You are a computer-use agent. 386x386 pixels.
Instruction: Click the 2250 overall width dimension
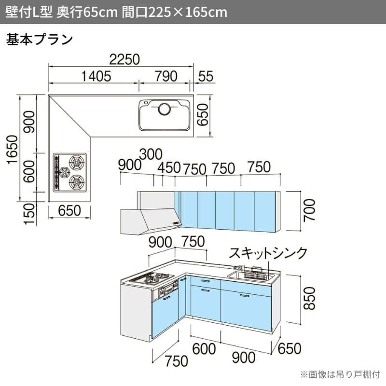click(x=124, y=59)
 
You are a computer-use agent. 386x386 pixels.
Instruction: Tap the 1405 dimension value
click(x=96, y=76)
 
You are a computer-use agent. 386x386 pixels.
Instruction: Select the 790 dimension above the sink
click(x=166, y=76)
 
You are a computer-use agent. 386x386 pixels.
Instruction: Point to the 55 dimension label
click(x=206, y=76)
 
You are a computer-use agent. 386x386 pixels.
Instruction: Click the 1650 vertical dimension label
click(x=13, y=150)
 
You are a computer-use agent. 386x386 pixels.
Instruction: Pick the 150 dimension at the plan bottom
click(x=29, y=213)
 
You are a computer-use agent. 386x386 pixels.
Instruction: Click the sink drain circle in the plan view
click(x=164, y=109)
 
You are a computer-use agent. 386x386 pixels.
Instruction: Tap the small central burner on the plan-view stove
click(x=64, y=173)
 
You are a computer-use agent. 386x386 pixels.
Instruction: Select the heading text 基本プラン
click(x=40, y=40)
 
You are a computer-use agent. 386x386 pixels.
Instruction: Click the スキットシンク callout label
click(x=268, y=253)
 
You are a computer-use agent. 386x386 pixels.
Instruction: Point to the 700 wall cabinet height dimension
click(x=309, y=210)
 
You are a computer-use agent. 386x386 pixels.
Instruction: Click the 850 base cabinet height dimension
click(x=309, y=298)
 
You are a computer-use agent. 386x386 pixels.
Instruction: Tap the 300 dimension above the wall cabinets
click(x=151, y=154)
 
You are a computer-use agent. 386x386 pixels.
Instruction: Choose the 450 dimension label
click(x=169, y=168)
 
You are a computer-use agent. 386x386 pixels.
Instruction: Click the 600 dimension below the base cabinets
click(x=204, y=349)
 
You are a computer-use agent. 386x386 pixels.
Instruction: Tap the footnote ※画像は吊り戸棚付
click(x=341, y=374)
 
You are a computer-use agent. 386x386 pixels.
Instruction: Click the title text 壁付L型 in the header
click(x=29, y=12)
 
